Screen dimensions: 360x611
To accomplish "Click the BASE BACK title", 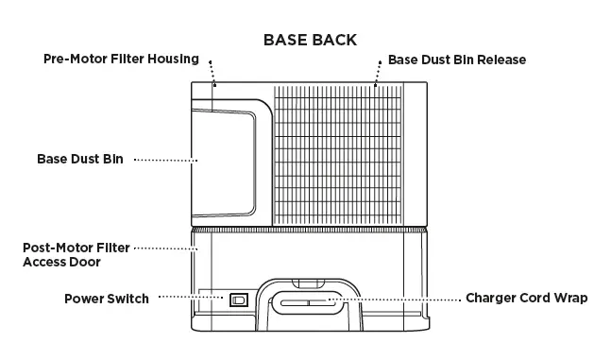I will (309, 40).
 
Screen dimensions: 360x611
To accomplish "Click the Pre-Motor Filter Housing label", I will (121, 59).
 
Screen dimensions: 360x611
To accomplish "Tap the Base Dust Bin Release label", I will (456, 60).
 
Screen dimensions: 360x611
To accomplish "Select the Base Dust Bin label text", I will (79, 159).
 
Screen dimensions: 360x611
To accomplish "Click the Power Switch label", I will (106, 299).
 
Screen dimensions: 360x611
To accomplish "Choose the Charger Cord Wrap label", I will (526, 298).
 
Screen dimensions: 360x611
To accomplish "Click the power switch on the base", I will (238, 300).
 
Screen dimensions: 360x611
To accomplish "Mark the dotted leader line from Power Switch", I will (189, 298).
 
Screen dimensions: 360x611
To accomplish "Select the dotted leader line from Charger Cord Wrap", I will (396, 299).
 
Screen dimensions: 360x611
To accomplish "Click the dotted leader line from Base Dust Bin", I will (164, 160).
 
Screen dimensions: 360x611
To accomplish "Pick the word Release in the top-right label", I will (501, 60).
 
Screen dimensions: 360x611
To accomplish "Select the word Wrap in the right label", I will (570, 298).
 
